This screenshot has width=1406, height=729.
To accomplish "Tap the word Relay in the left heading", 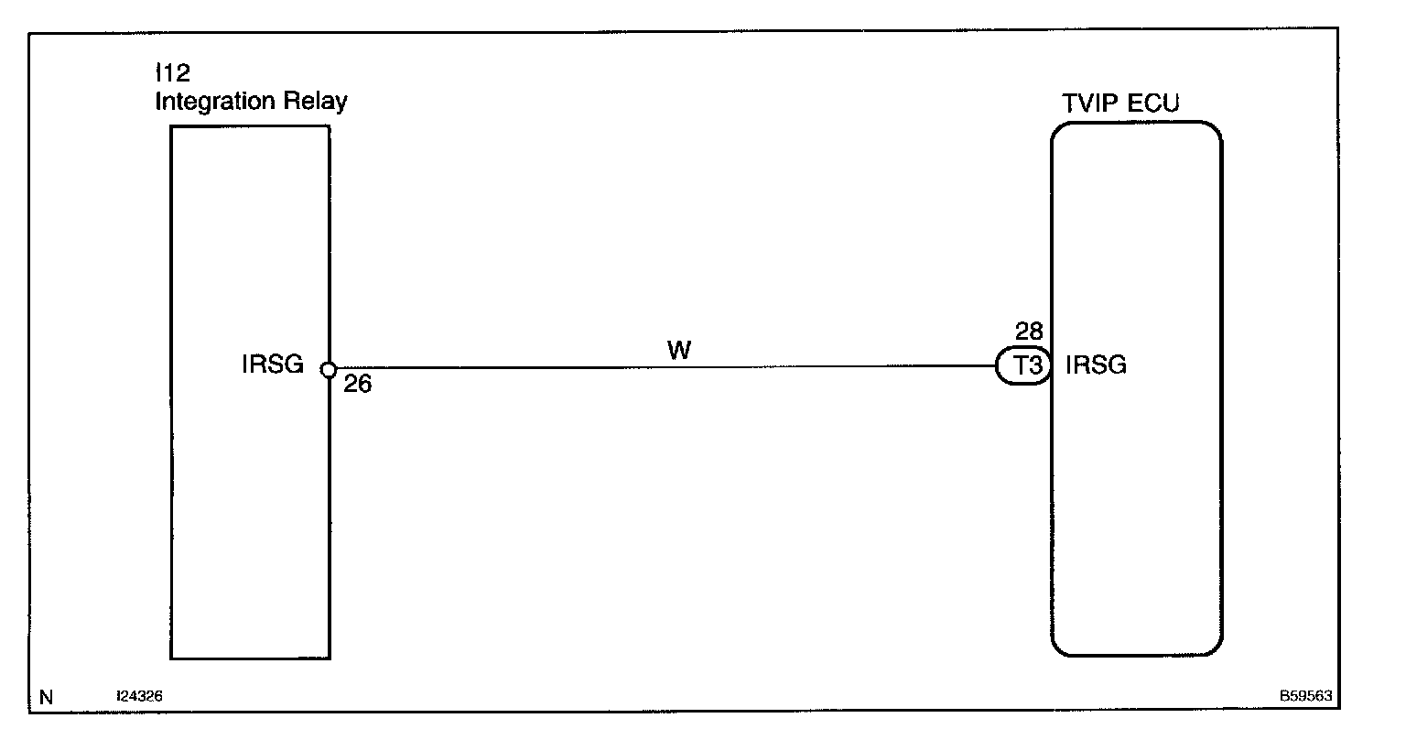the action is tap(319, 101).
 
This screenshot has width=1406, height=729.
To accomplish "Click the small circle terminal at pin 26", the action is tap(329, 370).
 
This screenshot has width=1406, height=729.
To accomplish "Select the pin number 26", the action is tap(358, 386).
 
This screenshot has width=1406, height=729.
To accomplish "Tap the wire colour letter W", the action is tap(679, 352).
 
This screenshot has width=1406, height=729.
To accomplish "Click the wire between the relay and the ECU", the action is tap(659, 368).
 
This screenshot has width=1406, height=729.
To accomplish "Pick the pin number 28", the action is tap(1029, 332).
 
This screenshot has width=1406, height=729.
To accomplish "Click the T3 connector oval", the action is tap(1022, 367).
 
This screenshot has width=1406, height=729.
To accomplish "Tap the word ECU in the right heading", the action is tap(1153, 103).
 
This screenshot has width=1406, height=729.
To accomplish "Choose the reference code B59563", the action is tap(1305, 697).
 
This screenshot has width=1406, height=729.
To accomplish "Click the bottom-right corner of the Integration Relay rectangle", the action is tap(329, 658).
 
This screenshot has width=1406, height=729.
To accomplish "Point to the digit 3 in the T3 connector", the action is tap(1031, 367).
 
